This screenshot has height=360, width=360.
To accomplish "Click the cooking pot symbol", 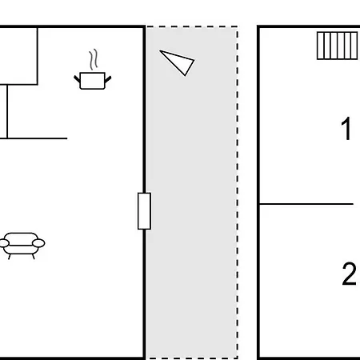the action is click(x=92, y=80).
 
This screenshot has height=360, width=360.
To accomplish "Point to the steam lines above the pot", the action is click(x=93, y=59).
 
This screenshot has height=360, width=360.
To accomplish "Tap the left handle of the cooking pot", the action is click(x=77, y=79).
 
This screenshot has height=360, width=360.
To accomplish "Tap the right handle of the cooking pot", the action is click(x=108, y=79).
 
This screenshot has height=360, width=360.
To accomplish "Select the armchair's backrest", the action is click(x=22, y=238).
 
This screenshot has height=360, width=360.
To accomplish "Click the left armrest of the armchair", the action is click(x=4, y=243).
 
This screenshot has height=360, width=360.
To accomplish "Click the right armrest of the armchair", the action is click(x=38, y=243).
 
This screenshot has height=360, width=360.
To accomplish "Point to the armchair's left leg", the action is click(x=10, y=257).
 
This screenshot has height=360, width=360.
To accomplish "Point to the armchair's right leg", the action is click(x=34, y=257).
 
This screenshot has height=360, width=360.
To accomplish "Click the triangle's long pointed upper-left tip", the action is click(x=160, y=50).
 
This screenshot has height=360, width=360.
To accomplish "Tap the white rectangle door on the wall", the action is click(x=144, y=211).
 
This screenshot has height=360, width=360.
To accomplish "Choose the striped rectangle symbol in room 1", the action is click(x=337, y=46).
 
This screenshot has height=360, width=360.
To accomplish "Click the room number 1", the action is click(x=346, y=129).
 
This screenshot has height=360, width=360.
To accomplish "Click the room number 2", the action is click(x=349, y=274).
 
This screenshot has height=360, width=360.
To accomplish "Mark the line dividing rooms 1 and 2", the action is click(x=306, y=204).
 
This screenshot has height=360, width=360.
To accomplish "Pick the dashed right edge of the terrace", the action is click(x=237, y=192).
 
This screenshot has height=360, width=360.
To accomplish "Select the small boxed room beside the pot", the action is click(x=18, y=56).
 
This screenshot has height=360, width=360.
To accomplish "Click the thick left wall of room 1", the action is click(x=258, y=193).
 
